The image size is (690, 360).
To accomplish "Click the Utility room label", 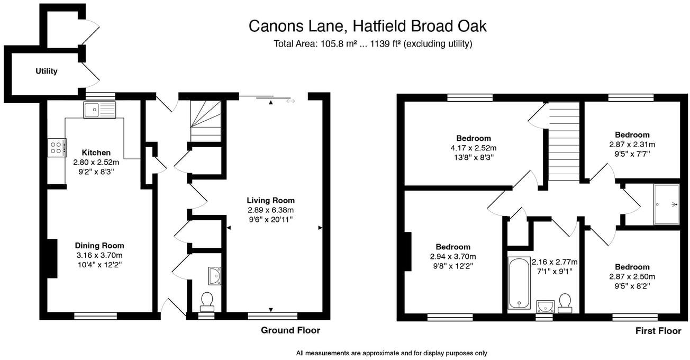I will coord(47,71).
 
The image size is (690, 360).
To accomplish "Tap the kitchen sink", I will coord(99,110).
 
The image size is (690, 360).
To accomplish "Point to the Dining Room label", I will coord(99,246).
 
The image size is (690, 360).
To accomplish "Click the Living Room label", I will coord(270,200).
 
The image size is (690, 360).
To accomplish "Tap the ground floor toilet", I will coord(206,301).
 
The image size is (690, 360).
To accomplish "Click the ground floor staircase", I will coord(205,121).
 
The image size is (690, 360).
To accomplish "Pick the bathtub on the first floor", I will coord(519,283).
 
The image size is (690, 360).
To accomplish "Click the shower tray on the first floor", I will coord(666,204).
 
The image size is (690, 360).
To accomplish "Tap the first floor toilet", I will coord(565,303).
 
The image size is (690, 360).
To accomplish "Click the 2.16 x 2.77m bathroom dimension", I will coord(554,262).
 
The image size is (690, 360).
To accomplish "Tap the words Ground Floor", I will coord(290,330).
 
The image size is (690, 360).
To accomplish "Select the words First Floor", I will coord(658,331).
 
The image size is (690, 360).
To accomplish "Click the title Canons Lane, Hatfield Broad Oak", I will coord(367,26).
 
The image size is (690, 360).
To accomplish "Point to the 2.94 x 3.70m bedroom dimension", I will coord(453,256).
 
